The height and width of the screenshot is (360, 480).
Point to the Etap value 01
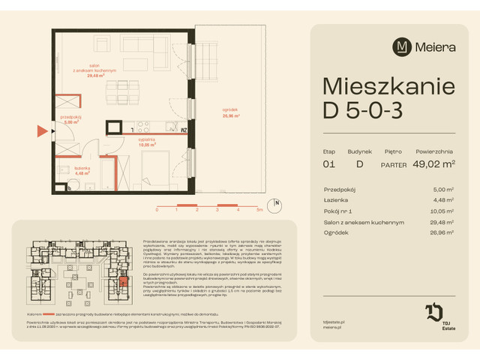pyautogui.click(x=328, y=165)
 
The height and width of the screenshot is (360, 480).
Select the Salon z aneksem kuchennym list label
pyautogui.click(x=364, y=222)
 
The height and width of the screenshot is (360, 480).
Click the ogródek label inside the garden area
pyautogui.click(x=231, y=111)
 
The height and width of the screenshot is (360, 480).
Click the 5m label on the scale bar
pyautogui.click(x=258, y=211)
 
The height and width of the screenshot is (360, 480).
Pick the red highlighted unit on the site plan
pyautogui.click(x=124, y=283)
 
